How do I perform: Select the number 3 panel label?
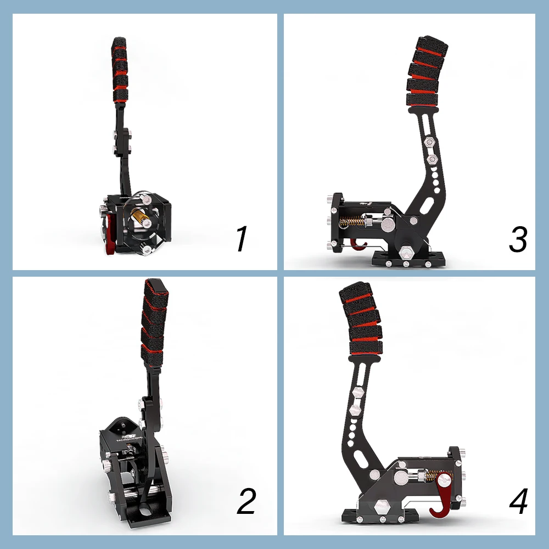pyautogui.click(x=518, y=239)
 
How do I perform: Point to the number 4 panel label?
pyautogui.click(x=518, y=501)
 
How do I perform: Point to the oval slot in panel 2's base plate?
pyautogui.click(x=144, y=511)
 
